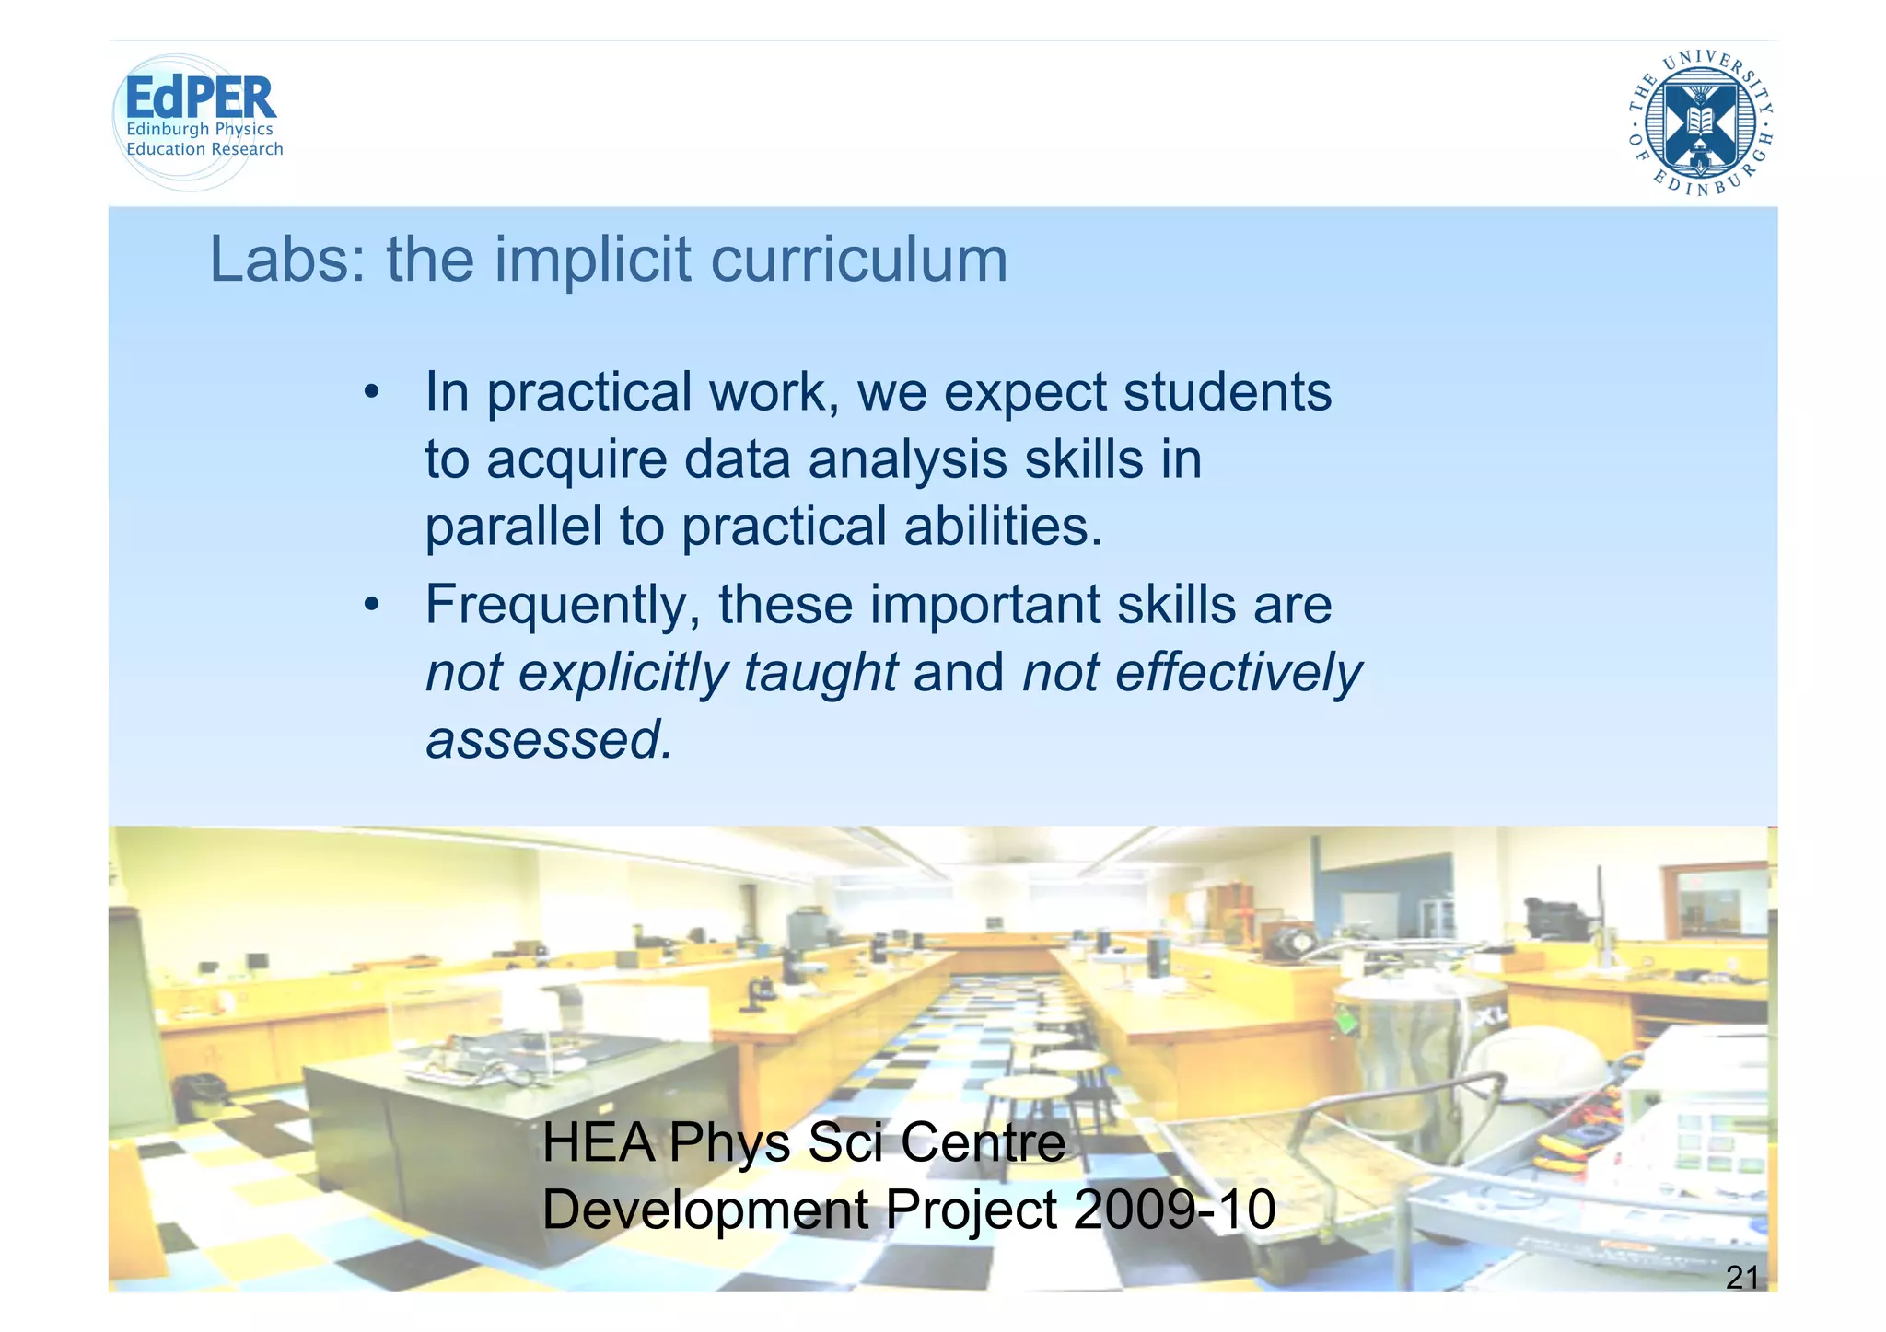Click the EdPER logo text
(200, 98)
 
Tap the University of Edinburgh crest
(1700, 123)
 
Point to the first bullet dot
(371, 393)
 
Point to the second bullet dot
(371, 606)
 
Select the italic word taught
(820, 672)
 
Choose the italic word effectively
(1238, 672)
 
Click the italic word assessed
(549, 739)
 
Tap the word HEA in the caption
(599, 1142)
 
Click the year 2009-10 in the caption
(1174, 1210)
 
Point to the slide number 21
(1741, 1278)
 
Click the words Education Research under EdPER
(204, 149)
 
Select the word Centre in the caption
(983, 1142)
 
